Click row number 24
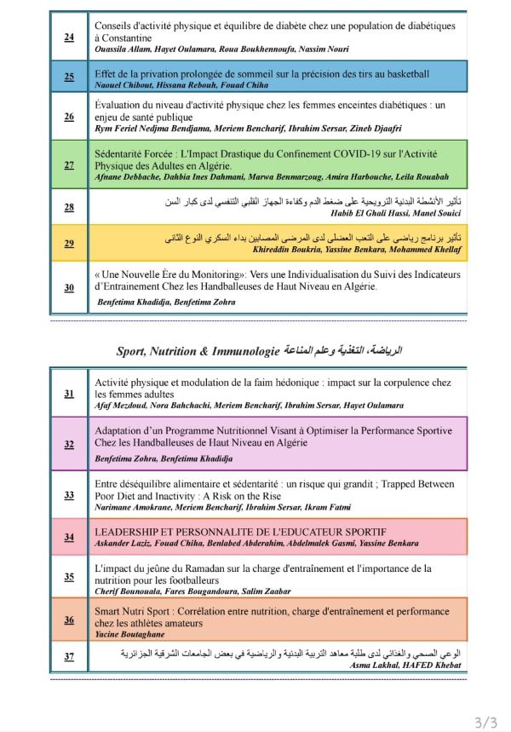(69, 37)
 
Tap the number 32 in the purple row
(69, 444)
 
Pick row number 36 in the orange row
(69, 620)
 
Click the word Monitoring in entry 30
(214, 274)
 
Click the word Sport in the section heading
(130, 350)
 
